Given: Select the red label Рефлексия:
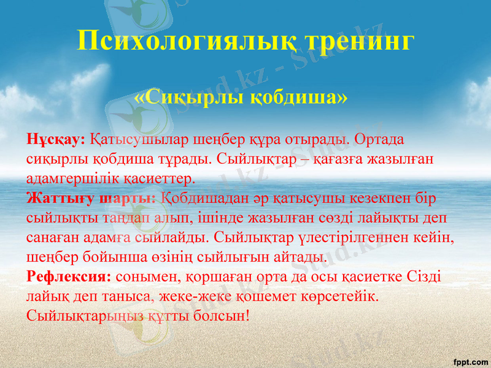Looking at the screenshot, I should point(69,276).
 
